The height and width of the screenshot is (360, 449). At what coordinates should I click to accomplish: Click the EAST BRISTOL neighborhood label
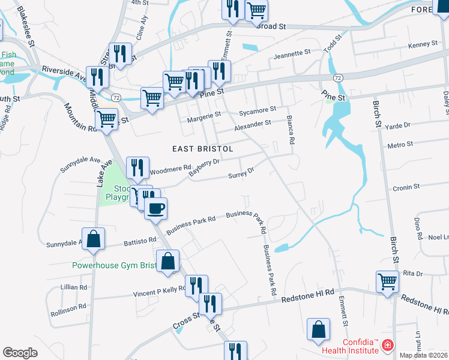pyautogui.click(x=202, y=148)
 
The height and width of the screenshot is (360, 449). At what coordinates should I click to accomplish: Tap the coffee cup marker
pyautogui.click(x=156, y=208)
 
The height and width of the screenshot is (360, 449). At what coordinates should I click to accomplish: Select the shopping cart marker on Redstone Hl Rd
pyautogui.click(x=387, y=281)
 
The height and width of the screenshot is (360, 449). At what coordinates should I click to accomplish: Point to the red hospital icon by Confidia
pyautogui.click(x=387, y=346)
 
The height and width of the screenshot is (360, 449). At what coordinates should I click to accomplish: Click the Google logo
pyautogui.click(x=20, y=353)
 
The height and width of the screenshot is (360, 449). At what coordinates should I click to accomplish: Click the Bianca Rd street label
pyautogui.click(x=291, y=130)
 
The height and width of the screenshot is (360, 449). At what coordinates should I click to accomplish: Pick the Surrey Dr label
pyautogui.click(x=241, y=173)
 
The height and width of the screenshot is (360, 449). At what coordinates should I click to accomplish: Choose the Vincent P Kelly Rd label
pyautogui.click(x=158, y=291)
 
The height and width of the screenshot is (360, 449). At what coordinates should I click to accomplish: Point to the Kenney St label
pyautogui.click(x=423, y=45)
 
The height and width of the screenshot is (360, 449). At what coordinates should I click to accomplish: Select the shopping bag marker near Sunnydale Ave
pyautogui.click(x=94, y=239)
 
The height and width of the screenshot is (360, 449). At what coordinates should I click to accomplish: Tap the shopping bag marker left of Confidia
pyautogui.click(x=318, y=329)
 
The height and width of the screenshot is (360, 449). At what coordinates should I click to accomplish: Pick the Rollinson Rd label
pyautogui.click(x=68, y=307)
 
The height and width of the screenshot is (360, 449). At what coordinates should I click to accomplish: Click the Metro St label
pyautogui.click(x=400, y=145)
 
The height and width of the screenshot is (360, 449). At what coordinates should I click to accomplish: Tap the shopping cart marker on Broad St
pyautogui.click(x=256, y=9)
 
